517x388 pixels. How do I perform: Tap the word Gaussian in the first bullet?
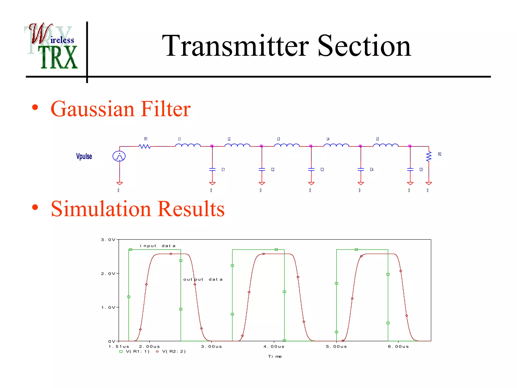92,109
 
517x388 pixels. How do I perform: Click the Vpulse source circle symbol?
119,156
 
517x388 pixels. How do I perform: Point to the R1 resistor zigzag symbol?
145,146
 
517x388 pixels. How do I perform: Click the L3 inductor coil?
287,145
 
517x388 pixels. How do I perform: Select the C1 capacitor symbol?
212,169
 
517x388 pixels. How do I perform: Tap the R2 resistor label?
440,154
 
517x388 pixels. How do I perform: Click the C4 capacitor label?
372,169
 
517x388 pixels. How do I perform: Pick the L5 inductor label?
377,139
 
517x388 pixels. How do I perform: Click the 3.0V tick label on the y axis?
108,240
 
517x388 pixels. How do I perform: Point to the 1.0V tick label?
108,307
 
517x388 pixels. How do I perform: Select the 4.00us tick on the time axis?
274,347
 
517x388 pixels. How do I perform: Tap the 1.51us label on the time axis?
119,347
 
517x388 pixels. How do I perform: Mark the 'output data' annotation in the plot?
203,279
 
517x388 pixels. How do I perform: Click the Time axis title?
275,356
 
